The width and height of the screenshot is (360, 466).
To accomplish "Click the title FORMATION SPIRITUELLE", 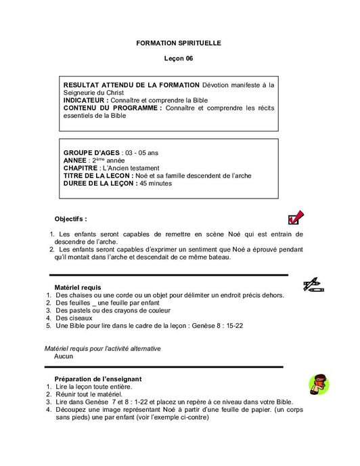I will coord(179,43).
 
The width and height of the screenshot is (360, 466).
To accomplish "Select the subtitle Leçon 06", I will coord(179,59).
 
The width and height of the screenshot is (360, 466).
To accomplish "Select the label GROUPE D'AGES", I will coord(92,152).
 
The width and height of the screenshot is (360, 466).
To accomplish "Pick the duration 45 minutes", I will coord(156,183).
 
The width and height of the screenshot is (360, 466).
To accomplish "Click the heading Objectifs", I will coord(70,219).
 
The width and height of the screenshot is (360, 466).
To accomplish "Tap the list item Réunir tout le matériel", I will coord(89,394).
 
